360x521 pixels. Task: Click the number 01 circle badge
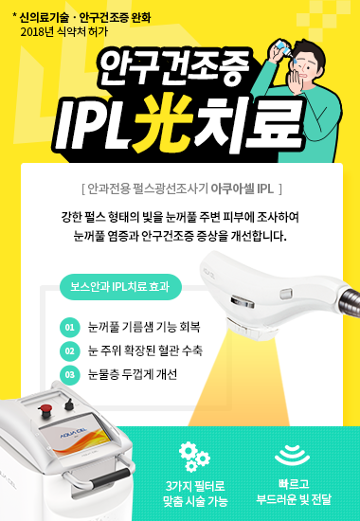tap(69, 329)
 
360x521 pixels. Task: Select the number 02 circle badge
tap(69, 351)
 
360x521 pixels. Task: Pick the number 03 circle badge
tap(69, 374)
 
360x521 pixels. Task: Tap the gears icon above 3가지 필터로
tap(194, 452)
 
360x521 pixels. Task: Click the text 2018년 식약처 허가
tap(60, 30)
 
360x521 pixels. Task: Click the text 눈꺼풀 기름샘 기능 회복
tap(143, 328)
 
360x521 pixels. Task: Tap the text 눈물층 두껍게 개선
tap(132, 374)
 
